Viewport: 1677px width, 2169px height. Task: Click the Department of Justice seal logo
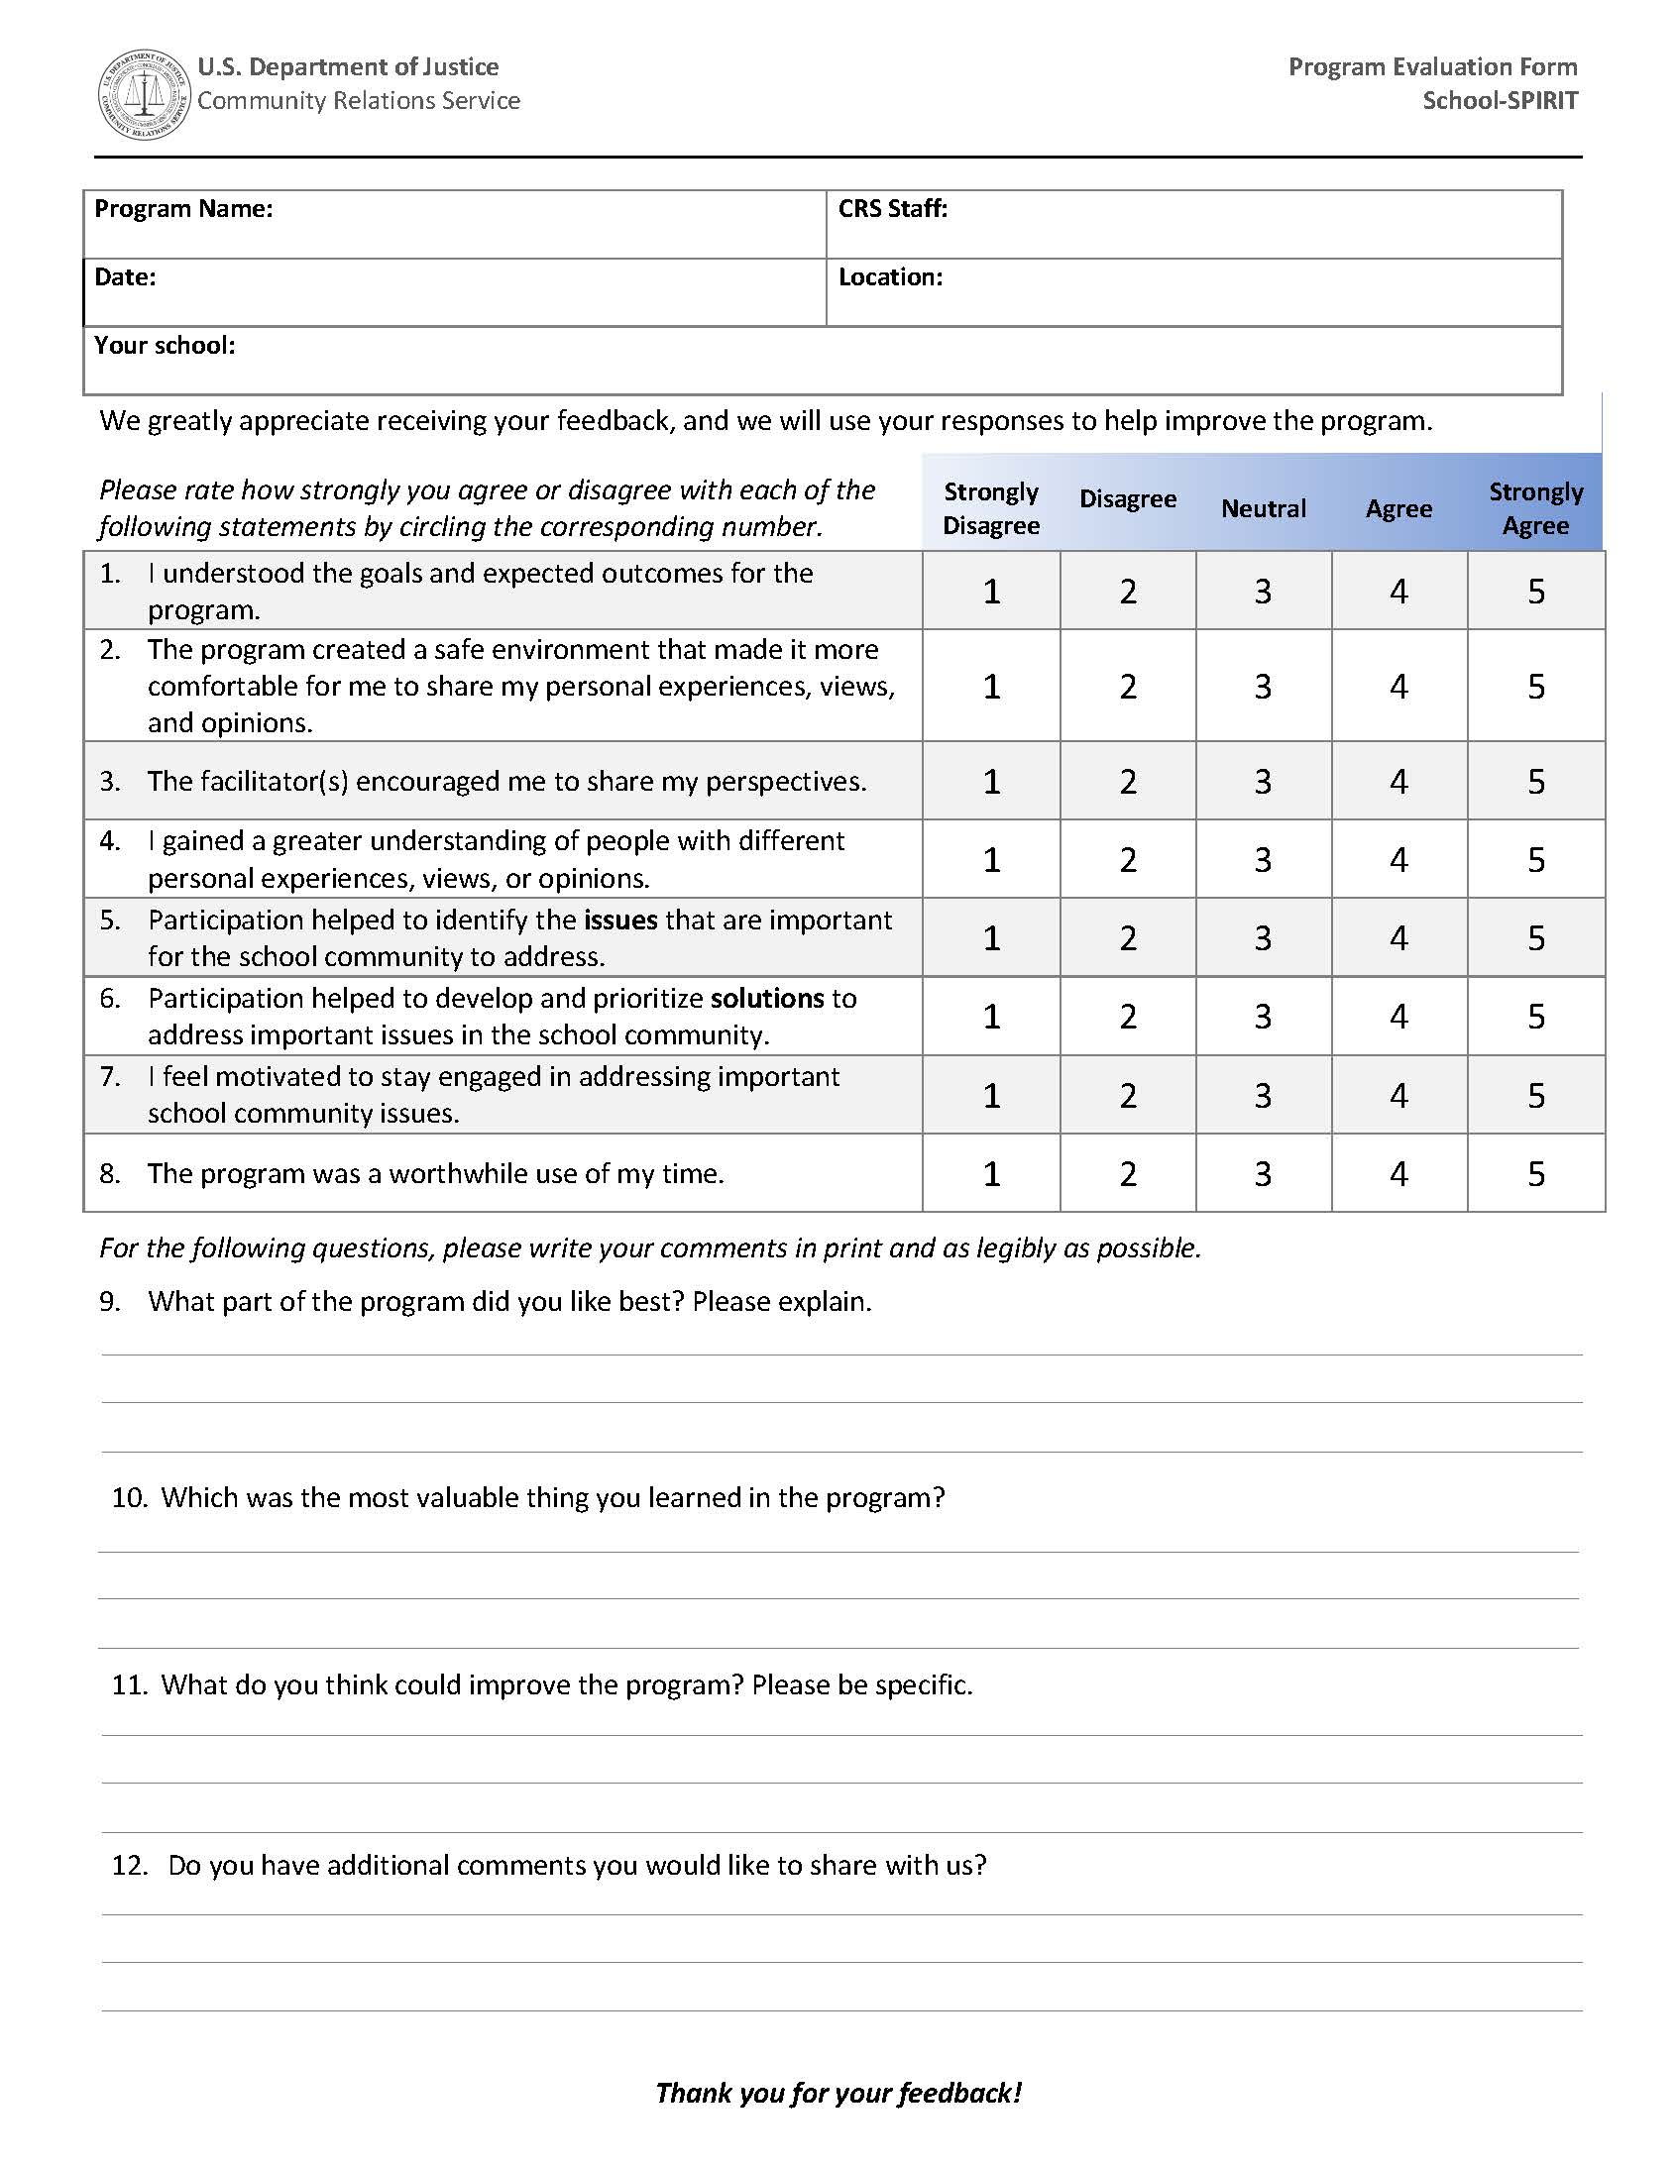144,95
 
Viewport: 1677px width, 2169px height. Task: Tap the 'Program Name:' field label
182,208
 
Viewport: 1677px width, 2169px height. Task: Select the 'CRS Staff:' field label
892,208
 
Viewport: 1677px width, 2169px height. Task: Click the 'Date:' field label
125,277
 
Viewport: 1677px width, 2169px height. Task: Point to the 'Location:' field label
890,277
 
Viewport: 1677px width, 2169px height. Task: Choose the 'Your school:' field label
165,346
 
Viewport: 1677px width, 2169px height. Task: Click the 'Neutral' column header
1263,508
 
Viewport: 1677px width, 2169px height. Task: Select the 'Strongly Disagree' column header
990,508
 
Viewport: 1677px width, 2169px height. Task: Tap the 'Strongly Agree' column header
1535,508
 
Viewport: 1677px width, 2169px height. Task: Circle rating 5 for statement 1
1536,592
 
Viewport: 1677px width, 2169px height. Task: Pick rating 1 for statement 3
991,782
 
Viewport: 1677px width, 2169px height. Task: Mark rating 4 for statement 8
1398,1174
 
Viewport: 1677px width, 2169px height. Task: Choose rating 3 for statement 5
1263,938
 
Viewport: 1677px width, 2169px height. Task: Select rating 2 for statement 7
1128,1096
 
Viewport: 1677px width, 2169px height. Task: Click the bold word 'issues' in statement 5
619,921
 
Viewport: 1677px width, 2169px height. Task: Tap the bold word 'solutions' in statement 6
767,998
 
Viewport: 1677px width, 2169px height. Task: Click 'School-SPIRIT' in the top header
1500,100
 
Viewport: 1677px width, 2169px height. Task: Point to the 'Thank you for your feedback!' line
838,2094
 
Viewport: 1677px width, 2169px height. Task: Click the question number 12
129,1865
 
